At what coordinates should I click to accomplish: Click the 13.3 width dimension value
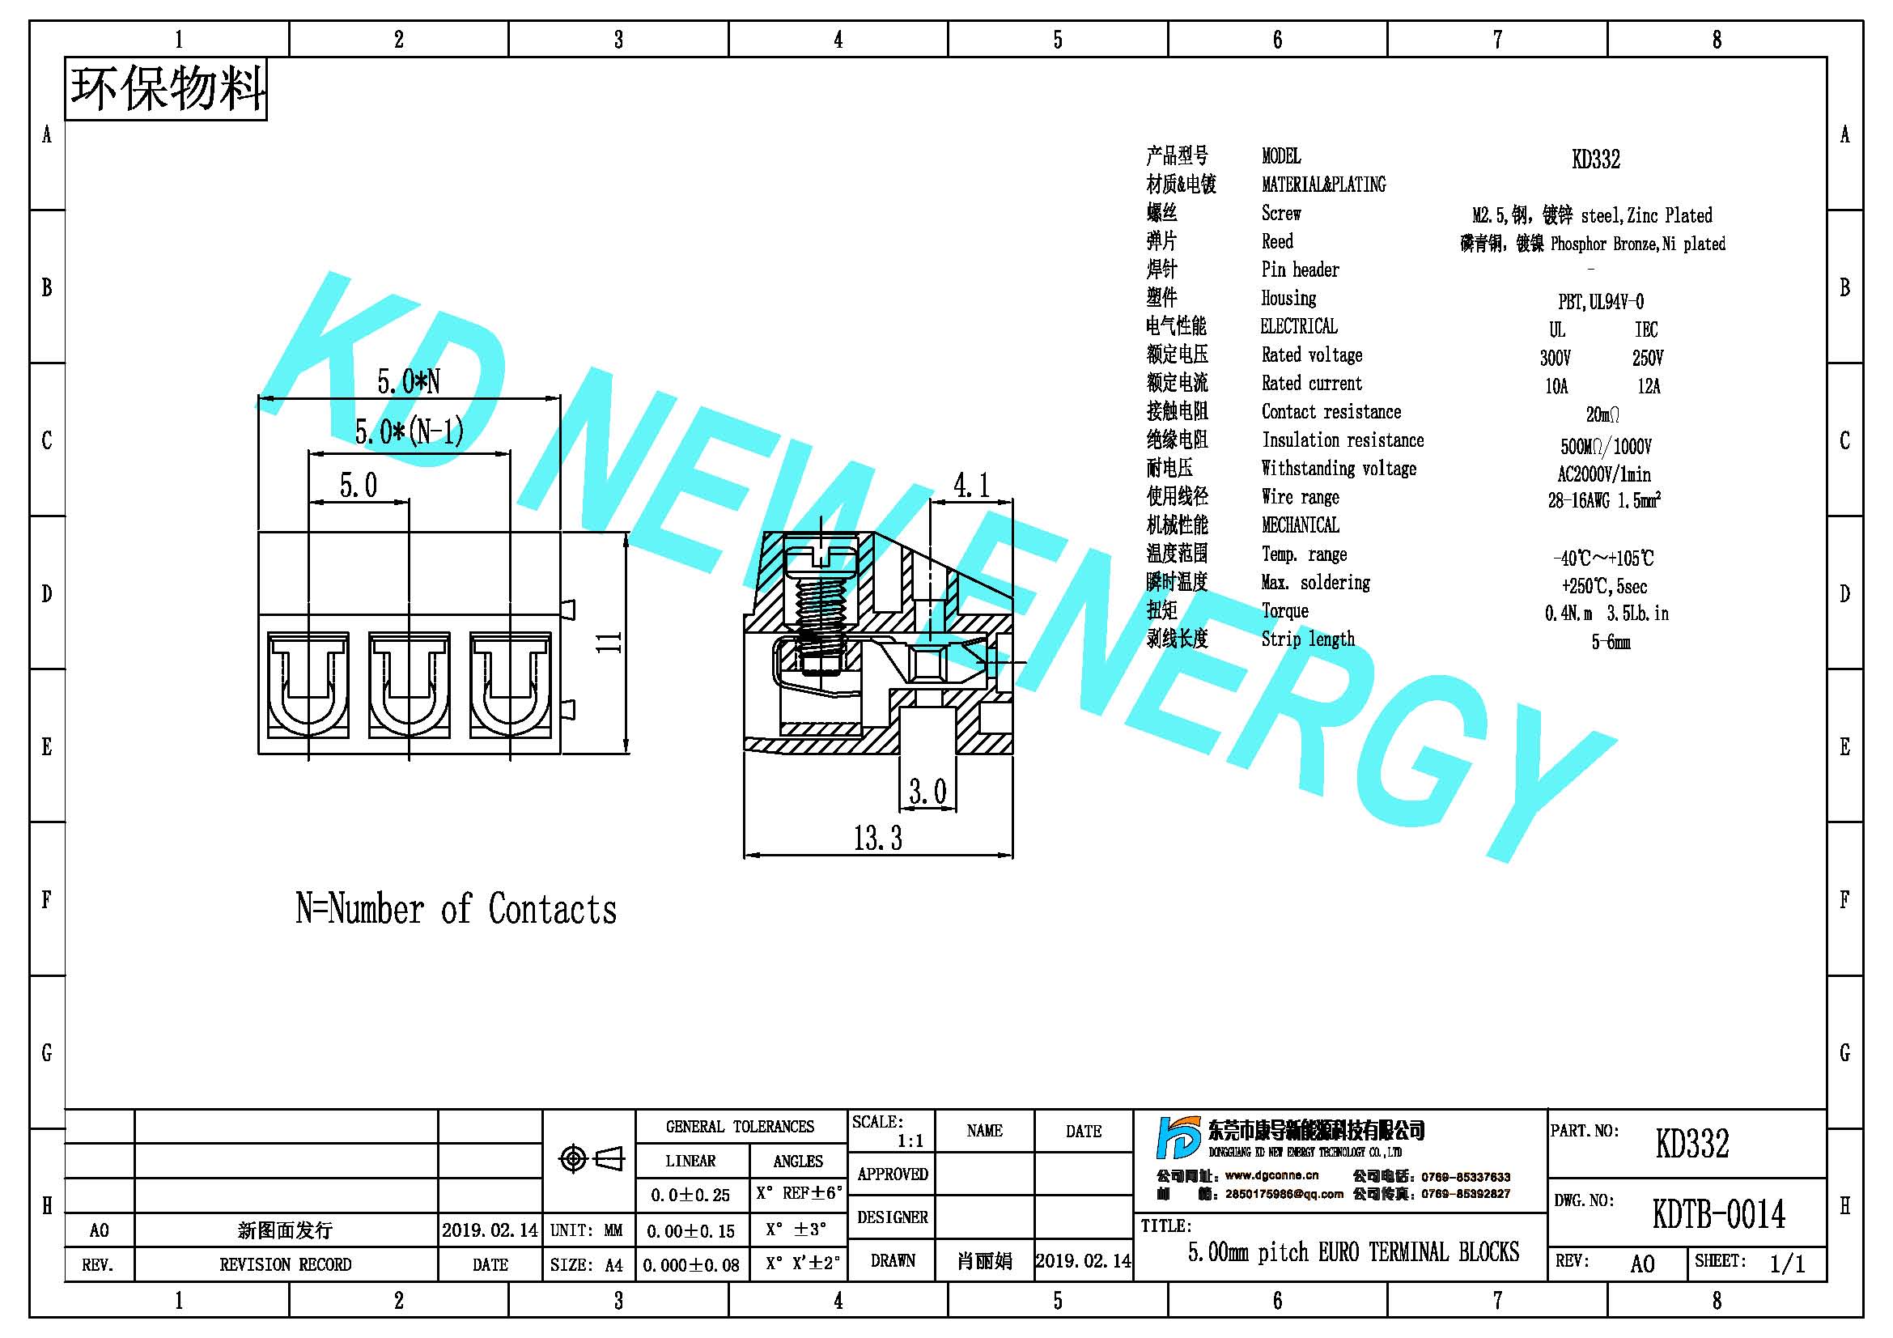[x=877, y=839]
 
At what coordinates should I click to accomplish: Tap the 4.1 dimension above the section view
[x=971, y=486]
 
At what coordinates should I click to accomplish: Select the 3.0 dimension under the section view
[x=927, y=792]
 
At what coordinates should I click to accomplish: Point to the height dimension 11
[x=609, y=642]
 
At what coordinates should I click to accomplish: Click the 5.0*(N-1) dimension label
[x=409, y=431]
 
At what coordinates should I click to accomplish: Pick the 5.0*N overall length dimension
[x=408, y=381]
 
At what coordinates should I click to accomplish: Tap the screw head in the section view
[x=821, y=560]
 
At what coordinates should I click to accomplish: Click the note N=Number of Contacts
[x=456, y=909]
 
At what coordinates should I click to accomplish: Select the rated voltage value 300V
[x=1555, y=358]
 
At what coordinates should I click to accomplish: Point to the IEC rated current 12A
[x=1648, y=386]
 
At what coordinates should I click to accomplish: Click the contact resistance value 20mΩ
[x=1602, y=414]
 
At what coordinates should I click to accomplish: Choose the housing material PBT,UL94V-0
[x=1600, y=302]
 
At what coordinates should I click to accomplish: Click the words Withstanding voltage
[x=1339, y=468]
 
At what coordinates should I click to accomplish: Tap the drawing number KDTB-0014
[x=1718, y=1213]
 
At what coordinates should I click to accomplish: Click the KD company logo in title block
[x=1179, y=1138]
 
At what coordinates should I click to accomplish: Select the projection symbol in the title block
[x=591, y=1158]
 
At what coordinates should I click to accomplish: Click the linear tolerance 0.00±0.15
[x=690, y=1231]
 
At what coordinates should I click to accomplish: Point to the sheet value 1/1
[x=1787, y=1264]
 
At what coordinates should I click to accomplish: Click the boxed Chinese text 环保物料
[x=168, y=89]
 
